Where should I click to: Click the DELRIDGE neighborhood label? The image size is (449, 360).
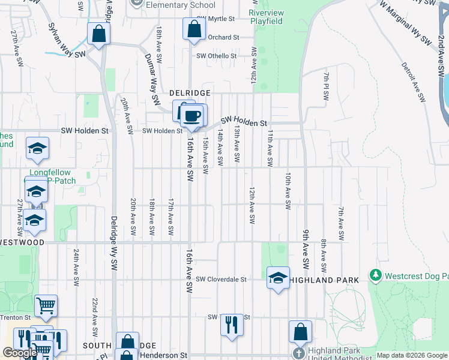189,93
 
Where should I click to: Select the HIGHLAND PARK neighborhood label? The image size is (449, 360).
325,280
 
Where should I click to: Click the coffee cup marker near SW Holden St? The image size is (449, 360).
191,116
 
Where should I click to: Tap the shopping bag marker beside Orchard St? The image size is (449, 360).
194,29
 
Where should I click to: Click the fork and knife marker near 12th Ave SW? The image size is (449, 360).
231,325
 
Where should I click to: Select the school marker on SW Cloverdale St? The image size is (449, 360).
277,278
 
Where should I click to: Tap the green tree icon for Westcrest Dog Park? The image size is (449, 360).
376,275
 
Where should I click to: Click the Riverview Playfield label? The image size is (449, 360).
266,16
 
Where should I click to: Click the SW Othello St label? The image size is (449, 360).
217,56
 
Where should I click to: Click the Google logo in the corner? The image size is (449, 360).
19,353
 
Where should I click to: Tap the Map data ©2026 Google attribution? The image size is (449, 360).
412,355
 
